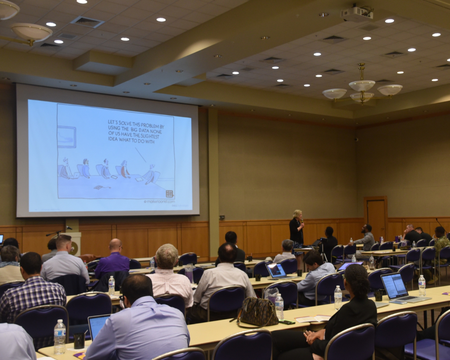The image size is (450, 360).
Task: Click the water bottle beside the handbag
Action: point(279,306)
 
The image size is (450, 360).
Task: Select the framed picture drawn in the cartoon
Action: point(66,137)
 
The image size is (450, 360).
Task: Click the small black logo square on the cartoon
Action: point(169,194)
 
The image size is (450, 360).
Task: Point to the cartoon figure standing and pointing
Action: point(150,173)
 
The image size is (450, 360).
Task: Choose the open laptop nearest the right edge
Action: point(397,288)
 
